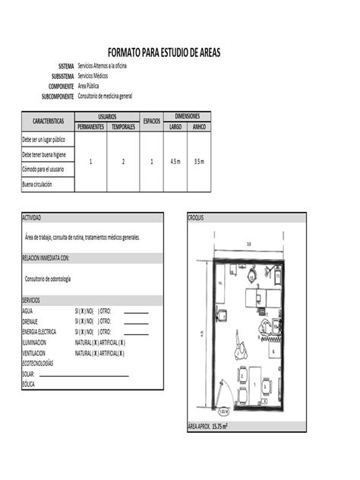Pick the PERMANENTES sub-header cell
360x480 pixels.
click(90, 127)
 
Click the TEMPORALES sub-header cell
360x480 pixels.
click(123, 127)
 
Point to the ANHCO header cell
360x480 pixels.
click(199, 127)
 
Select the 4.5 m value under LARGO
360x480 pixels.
click(175, 162)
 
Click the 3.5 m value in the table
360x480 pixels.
click(199, 162)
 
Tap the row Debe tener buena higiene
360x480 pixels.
click(43, 155)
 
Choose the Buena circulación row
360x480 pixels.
click(39, 185)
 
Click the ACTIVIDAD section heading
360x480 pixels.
click(32, 218)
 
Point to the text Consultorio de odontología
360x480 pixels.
click(48, 279)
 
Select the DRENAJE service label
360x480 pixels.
click(31, 321)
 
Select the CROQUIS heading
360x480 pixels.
click(196, 218)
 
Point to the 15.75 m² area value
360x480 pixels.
click(219, 426)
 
